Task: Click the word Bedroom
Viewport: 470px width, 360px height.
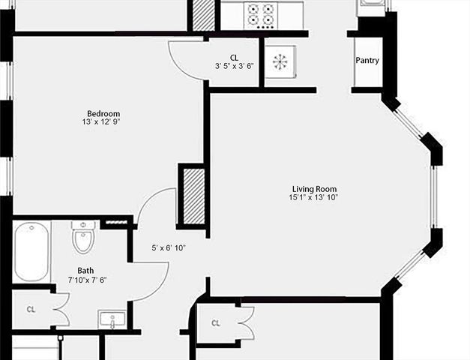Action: (102, 113)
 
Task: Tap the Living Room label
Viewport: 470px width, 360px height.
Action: (314, 188)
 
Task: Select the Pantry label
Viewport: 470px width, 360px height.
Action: (367, 61)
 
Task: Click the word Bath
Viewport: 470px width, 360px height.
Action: (85, 271)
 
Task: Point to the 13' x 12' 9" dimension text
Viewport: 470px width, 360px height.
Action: (102, 122)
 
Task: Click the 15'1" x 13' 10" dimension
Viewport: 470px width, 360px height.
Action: (314, 197)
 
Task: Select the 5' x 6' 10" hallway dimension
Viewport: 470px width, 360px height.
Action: (169, 247)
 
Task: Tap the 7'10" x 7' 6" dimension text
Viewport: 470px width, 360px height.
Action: (87, 280)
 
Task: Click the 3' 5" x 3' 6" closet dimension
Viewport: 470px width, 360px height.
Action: (234, 66)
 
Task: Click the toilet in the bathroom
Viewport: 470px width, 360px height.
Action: (83, 238)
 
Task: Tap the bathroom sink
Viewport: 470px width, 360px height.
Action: (112, 320)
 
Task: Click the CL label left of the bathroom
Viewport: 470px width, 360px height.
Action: (31, 308)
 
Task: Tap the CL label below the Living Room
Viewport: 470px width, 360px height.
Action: (215, 323)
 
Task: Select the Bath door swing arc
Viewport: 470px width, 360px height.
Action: (150, 285)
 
